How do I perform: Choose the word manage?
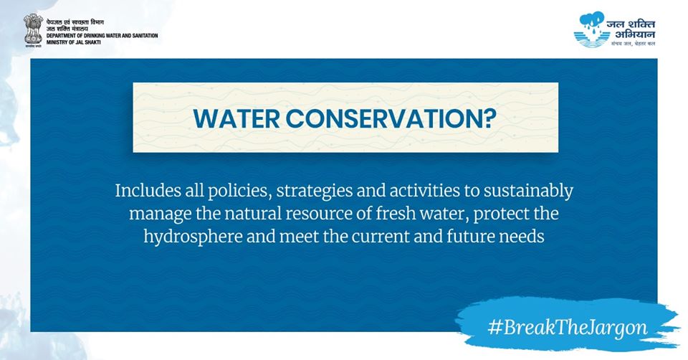click(158, 214)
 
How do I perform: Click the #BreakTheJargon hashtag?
click(567, 328)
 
